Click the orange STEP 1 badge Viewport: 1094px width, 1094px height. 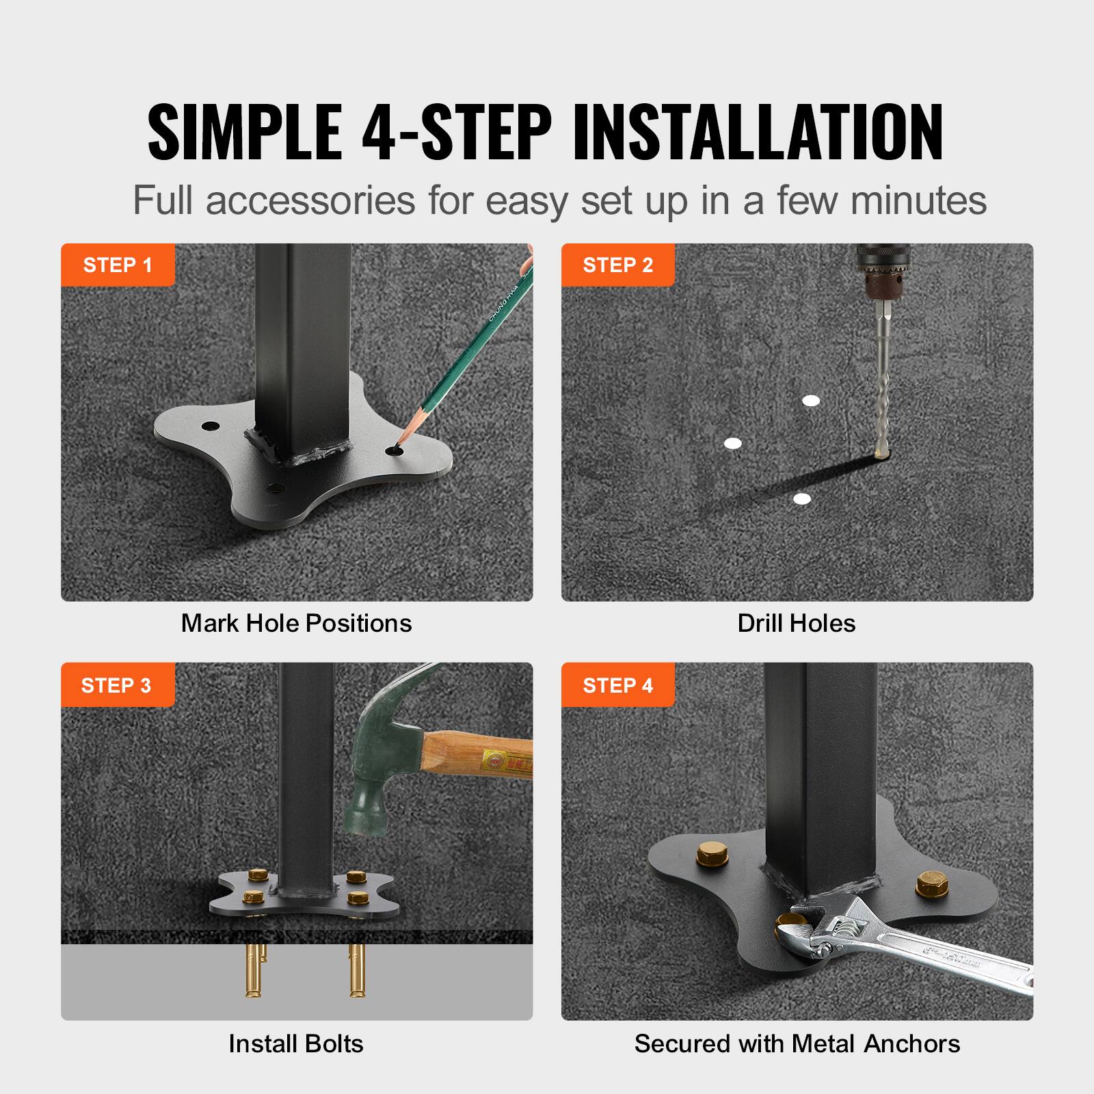[118, 265]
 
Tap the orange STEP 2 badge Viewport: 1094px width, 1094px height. [617, 265]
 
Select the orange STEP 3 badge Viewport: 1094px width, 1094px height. [116, 685]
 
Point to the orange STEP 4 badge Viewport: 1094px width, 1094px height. [617, 685]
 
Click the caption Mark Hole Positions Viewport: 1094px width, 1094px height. [296, 623]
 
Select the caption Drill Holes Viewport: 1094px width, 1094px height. [796, 623]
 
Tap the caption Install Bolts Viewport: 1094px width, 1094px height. [295, 1043]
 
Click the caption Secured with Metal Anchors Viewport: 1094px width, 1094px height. [797, 1043]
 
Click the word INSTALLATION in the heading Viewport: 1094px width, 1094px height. [758, 131]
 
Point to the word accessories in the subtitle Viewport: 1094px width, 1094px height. [311, 200]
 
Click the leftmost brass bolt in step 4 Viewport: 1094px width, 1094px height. [706, 855]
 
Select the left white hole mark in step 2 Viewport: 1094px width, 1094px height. [732, 443]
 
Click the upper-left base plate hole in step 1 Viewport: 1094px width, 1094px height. [206, 427]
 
